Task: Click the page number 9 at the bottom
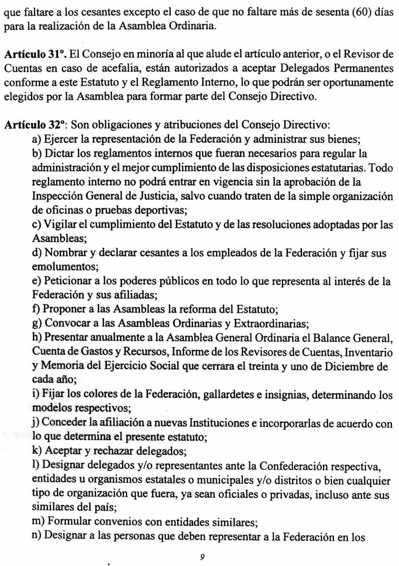pos(202,557)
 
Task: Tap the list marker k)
pos(37,451)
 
